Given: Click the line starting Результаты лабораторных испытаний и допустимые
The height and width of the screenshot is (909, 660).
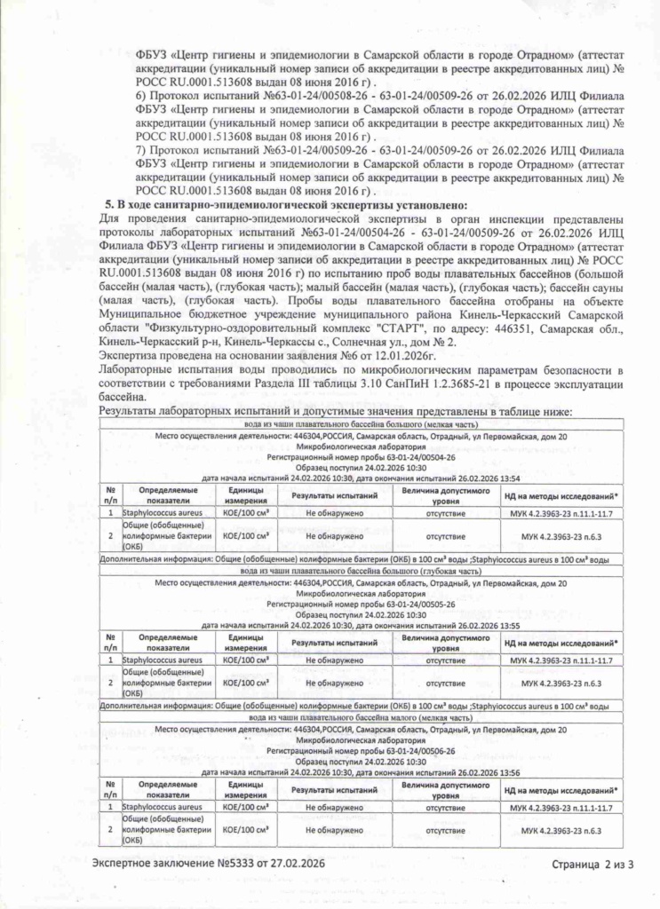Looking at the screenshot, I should pyautogui.click(x=337, y=411).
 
